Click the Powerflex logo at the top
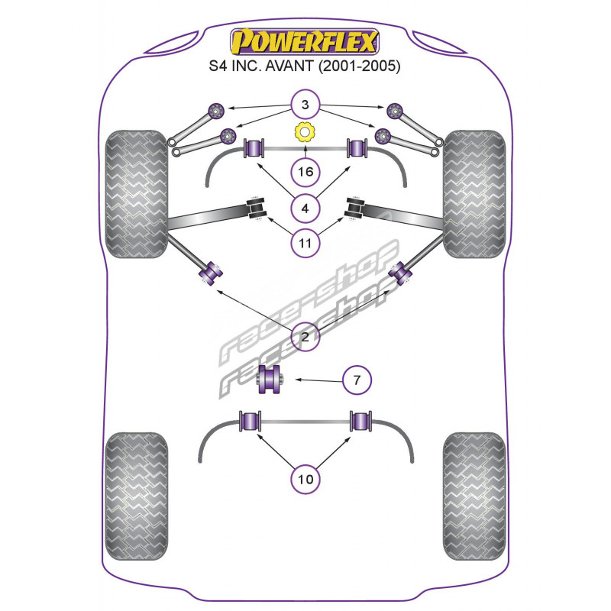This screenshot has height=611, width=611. (304, 42)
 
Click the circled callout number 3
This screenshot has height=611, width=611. (305, 105)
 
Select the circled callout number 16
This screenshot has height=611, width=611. (305, 171)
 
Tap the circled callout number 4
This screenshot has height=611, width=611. (305, 209)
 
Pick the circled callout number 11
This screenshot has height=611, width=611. (305, 244)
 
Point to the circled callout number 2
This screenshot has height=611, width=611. (305, 336)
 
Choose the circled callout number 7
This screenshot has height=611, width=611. (357, 380)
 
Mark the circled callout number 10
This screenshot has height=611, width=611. (305, 479)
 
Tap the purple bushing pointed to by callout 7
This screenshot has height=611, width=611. (271, 379)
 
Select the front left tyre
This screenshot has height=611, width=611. (137, 194)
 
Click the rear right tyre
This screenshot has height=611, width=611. (474, 496)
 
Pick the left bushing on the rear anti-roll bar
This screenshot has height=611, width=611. (250, 421)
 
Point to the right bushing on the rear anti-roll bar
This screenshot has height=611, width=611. (360, 421)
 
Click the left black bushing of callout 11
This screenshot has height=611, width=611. (256, 209)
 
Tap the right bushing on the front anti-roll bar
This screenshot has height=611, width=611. (357, 147)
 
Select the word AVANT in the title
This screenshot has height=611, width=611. (289, 66)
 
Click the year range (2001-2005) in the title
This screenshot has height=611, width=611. (359, 66)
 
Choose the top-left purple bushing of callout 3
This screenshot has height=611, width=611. (215, 110)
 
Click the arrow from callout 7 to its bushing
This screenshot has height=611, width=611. (318, 380)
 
